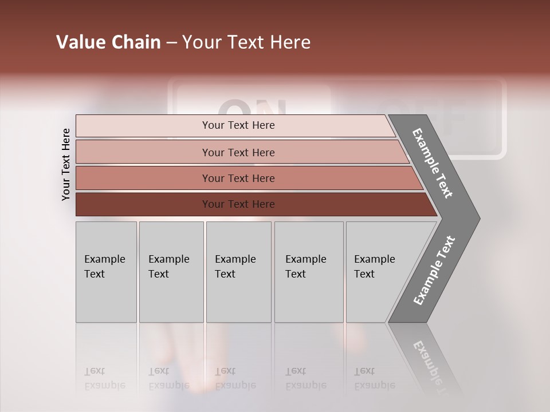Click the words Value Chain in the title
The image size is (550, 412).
point(108,42)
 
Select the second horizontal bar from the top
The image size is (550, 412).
point(238,152)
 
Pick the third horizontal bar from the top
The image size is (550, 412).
point(238,178)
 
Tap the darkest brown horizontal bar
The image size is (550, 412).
point(238,204)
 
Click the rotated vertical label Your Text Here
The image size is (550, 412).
point(66,164)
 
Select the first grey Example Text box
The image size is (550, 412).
point(106,272)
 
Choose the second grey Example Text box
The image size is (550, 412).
point(171,272)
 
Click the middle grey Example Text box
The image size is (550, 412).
point(238,272)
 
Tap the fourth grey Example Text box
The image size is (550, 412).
point(308,272)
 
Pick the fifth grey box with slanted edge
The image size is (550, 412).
point(378,272)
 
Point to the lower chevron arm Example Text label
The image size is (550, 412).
point(434,271)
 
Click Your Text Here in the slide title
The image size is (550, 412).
point(246,42)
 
